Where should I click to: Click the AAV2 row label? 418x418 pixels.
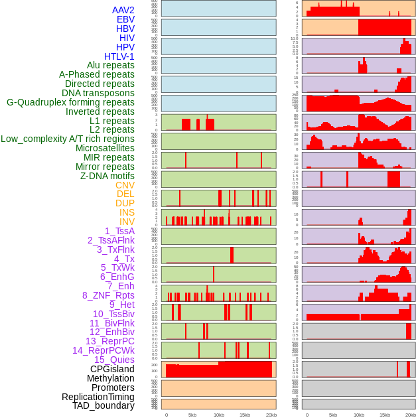(x=123, y=10)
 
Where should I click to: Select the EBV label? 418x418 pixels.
(x=125, y=19)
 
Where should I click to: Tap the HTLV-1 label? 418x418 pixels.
(x=119, y=56)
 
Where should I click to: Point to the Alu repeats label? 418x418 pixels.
(x=110, y=65)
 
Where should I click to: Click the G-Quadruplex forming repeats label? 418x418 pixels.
(x=70, y=102)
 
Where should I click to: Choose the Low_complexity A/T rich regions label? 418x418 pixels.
(x=68, y=139)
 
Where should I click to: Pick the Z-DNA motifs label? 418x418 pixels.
(x=107, y=176)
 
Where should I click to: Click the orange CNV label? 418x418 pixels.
(x=125, y=185)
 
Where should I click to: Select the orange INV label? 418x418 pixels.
(x=127, y=222)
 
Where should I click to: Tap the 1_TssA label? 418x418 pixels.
(x=119, y=231)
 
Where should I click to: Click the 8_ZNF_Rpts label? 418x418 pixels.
(x=108, y=295)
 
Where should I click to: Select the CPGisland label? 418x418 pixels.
(x=112, y=369)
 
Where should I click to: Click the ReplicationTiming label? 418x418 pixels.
(x=98, y=397)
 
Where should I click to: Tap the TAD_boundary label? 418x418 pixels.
(x=104, y=405)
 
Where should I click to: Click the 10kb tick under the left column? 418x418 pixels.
(x=219, y=415)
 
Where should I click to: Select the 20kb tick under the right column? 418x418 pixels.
(x=411, y=415)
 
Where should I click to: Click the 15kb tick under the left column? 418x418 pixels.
(x=245, y=415)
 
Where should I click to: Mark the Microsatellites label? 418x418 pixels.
(x=105, y=148)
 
